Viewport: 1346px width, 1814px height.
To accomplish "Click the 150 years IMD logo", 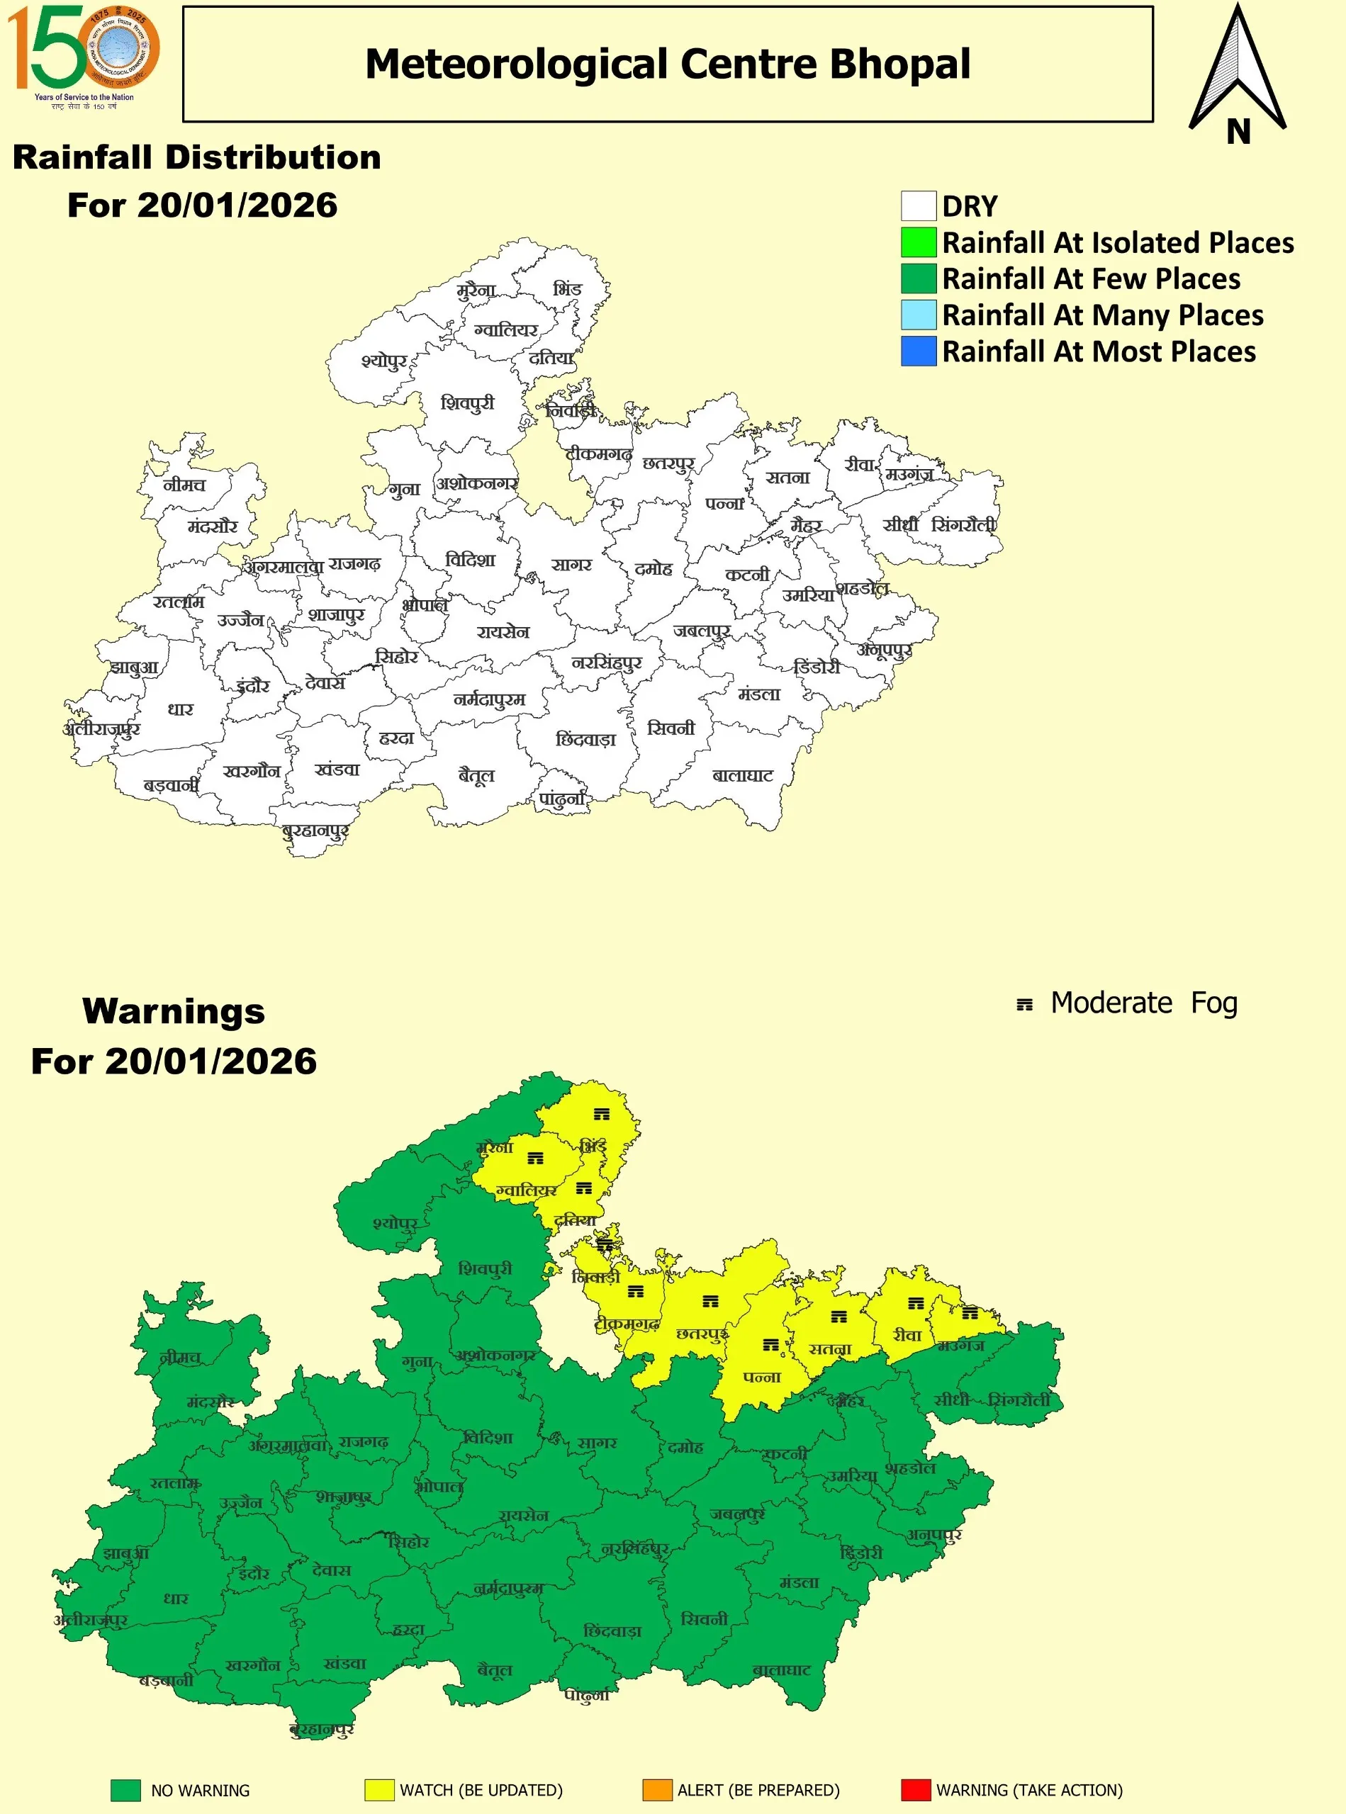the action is [83, 55].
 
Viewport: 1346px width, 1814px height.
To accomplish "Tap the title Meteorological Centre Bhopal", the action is [667, 64].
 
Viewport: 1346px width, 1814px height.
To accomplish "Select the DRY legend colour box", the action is [919, 206].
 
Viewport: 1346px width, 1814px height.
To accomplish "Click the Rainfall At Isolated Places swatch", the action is [919, 243].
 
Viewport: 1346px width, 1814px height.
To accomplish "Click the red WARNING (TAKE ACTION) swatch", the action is [915, 1790].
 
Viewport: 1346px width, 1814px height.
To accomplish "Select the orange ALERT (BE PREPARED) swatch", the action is [657, 1790].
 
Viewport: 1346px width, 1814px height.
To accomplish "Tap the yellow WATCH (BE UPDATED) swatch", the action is [379, 1790].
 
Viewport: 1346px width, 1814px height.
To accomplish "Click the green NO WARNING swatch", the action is [125, 1790].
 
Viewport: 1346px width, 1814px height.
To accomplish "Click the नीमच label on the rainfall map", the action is [184, 485].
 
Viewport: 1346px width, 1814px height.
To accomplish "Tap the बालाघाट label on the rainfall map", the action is [742, 775].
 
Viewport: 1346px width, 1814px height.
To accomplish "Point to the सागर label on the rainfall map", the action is [571, 565].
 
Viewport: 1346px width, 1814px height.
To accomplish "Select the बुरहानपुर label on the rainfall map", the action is [315, 832].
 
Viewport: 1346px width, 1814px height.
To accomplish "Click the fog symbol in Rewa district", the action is [916, 1303].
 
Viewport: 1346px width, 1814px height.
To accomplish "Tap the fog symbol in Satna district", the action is [839, 1317].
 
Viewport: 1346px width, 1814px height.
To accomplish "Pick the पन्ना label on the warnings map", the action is [762, 1378].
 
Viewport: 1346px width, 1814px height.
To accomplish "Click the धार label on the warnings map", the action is [176, 1598].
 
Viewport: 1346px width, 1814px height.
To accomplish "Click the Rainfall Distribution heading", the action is [197, 157].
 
